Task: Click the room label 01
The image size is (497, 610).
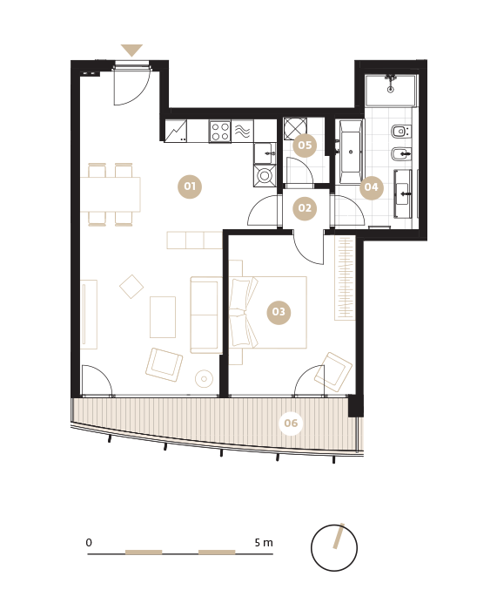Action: click(x=190, y=186)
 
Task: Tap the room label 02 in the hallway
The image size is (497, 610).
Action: click(x=305, y=208)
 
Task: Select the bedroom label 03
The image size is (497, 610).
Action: click(x=279, y=312)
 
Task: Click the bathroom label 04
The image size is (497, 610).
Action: click(x=371, y=187)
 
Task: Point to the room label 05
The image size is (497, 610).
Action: click(x=305, y=146)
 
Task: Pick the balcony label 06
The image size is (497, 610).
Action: click(x=291, y=423)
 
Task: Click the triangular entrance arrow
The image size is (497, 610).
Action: click(x=131, y=51)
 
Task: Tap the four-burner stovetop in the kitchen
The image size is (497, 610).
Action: click(x=219, y=131)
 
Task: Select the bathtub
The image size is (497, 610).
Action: click(x=352, y=151)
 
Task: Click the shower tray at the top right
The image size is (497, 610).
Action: click(x=391, y=91)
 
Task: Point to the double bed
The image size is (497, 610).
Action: click(x=268, y=312)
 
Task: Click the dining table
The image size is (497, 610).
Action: click(x=110, y=194)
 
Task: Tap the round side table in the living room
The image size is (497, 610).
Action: click(x=204, y=378)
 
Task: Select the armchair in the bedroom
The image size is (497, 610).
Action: click(x=333, y=372)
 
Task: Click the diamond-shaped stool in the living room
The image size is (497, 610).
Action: click(x=131, y=287)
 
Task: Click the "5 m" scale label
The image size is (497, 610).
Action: click(x=264, y=542)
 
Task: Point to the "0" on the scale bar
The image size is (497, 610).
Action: click(x=89, y=542)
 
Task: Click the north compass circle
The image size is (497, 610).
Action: click(x=334, y=548)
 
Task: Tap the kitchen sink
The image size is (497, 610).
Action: click(x=265, y=153)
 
